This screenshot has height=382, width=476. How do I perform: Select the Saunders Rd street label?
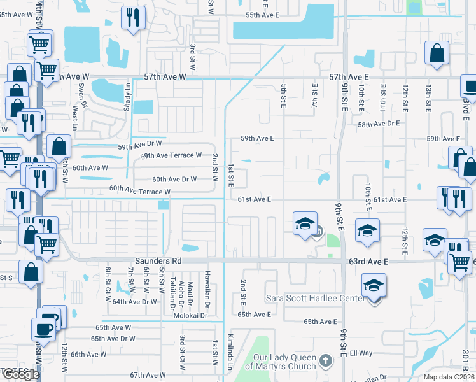[x=158, y=261]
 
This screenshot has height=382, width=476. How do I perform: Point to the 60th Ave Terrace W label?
[x=139, y=190]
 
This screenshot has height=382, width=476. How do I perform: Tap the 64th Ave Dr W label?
[x=134, y=302]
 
